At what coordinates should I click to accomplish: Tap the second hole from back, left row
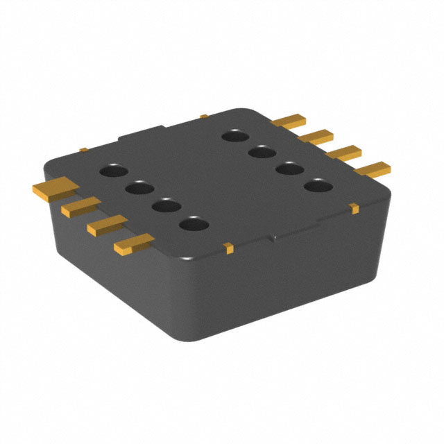pyautogui.click(x=139, y=188)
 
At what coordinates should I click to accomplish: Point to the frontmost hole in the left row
pyautogui.click(x=194, y=225)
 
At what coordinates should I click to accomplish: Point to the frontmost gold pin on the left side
pyautogui.click(x=134, y=242)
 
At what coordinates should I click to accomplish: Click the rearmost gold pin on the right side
pyautogui.click(x=289, y=122)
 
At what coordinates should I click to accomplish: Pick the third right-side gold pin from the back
pyautogui.click(x=344, y=152)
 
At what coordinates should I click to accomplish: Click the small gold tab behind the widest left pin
pyautogui.click(x=83, y=149)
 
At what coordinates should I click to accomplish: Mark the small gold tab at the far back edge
pyautogui.click(x=203, y=116)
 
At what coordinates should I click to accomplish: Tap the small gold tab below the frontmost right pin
pyautogui.click(x=354, y=207)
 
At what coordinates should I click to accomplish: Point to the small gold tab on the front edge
pyautogui.click(x=228, y=246)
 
